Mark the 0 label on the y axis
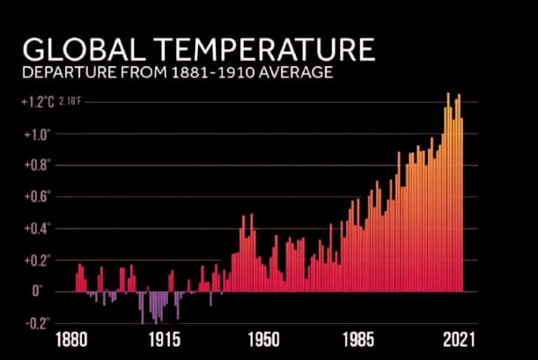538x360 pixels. coord(37,291)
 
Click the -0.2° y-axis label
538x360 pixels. coord(39,323)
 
